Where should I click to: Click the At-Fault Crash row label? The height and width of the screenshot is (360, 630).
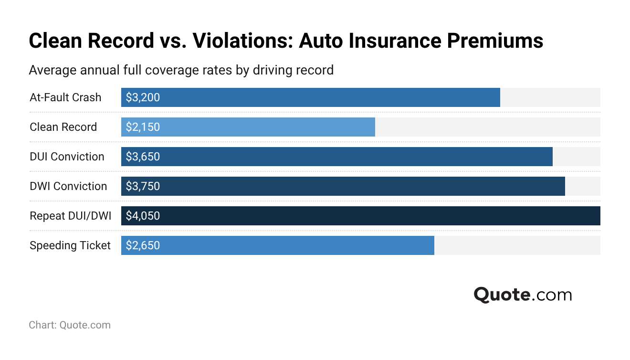click(65, 97)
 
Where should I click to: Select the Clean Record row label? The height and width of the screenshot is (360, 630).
click(63, 127)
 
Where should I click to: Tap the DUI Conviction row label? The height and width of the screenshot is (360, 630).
click(67, 157)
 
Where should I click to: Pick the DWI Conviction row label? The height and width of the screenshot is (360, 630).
click(68, 186)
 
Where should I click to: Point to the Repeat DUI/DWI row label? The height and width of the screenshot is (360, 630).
click(70, 216)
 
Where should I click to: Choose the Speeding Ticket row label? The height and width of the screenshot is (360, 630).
click(70, 245)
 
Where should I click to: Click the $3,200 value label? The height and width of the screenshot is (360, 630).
click(143, 97)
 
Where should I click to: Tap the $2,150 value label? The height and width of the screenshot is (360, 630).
click(143, 127)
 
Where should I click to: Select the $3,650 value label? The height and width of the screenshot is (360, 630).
click(143, 157)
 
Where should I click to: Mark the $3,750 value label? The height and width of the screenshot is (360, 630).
click(143, 186)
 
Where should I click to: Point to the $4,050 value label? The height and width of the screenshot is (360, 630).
click(143, 216)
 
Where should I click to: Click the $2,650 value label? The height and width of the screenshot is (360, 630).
click(143, 245)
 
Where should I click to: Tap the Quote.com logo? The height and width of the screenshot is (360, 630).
click(523, 295)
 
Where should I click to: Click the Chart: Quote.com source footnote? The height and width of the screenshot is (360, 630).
click(70, 325)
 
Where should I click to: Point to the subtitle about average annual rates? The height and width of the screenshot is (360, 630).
click(181, 70)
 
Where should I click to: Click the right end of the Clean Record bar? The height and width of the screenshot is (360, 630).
click(373, 127)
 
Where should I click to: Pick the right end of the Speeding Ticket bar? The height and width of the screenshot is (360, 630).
click(432, 245)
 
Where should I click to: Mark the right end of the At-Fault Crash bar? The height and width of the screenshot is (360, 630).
click(498, 97)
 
